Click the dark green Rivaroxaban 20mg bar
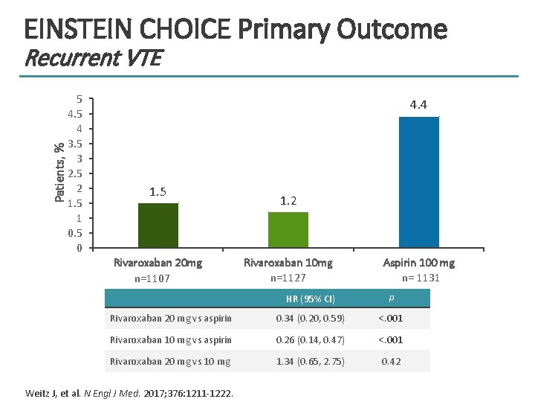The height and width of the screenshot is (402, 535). tap(158, 225)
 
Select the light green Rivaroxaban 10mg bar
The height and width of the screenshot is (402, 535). tap(288, 229)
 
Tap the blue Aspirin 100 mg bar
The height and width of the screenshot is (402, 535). tap(419, 182)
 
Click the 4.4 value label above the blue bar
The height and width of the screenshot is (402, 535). tap(419, 105)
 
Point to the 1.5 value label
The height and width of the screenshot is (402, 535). tap(158, 192)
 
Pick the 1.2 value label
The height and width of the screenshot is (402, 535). tap(288, 201)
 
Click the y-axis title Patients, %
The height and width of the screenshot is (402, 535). tap(59, 171)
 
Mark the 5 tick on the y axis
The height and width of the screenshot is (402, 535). tap(80, 99)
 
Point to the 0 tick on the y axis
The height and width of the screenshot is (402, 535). tap(80, 248)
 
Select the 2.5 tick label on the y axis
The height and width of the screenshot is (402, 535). tap(75, 173)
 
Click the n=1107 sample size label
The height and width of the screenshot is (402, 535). tap(152, 279)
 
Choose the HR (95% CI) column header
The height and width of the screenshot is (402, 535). tap(311, 299)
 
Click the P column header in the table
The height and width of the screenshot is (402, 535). tap(392, 299)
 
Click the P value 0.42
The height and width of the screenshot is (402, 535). tap(391, 361)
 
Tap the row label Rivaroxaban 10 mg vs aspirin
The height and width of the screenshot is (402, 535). tap(171, 340)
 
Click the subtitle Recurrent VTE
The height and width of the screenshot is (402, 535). tap(92, 57)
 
